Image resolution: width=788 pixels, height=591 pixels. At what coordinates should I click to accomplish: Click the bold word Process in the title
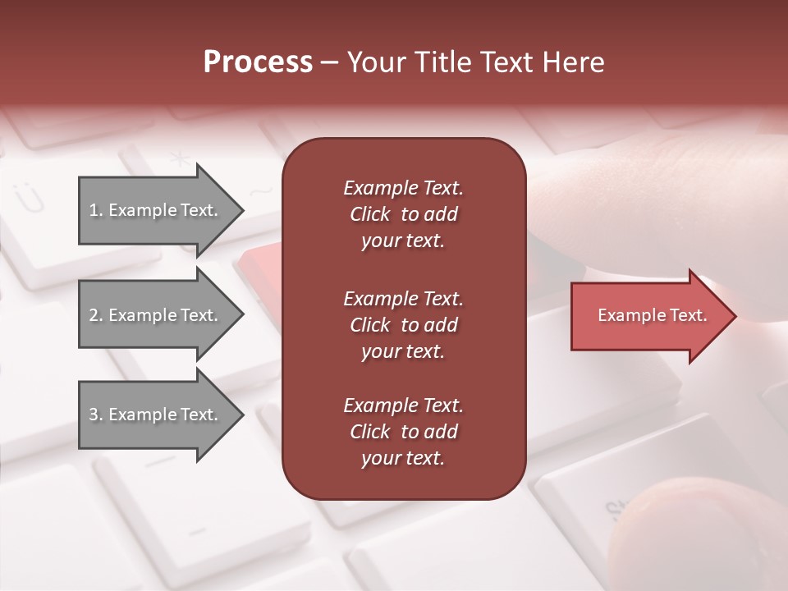click(x=258, y=62)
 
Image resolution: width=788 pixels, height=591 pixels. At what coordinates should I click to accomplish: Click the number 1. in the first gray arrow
click(x=96, y=210)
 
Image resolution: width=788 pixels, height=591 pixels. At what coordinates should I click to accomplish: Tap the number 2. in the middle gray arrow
click(x=96, y=315)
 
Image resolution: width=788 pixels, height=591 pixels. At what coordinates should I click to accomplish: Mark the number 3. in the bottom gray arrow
click(x=96, y=415)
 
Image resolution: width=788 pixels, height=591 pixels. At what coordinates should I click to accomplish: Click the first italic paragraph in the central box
click(x=403, y=214)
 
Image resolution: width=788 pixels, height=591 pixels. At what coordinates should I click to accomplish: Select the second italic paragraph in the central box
click(x=403, y=325)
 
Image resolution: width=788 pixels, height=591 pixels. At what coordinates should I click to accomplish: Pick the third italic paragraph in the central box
click(x=403, y=432)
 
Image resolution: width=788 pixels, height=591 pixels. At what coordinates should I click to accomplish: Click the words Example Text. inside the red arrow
click(x=653, y=315)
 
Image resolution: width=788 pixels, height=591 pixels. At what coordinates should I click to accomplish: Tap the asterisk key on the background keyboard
click(x=179, y=159)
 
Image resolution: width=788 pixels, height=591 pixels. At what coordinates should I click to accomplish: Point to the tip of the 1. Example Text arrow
click(x=242, y=210)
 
